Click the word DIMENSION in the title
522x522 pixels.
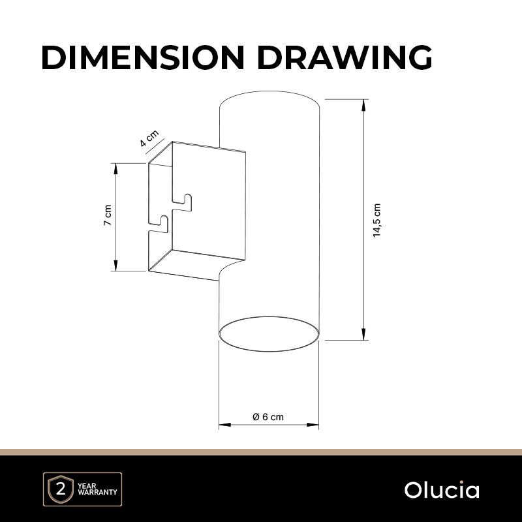tap(143, 57)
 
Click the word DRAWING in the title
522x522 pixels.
tap(345, 57)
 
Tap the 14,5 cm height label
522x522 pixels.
tap(376, 220)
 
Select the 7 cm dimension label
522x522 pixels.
tap(108, 215)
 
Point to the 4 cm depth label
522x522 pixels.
tap(149, 138)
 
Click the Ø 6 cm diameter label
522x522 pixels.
tap(268, 417)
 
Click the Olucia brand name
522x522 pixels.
tap(442, 490)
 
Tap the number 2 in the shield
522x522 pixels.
tap(61, 490)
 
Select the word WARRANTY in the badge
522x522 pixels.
tap(97, 492)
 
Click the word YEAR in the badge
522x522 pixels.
tap(87, 485)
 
